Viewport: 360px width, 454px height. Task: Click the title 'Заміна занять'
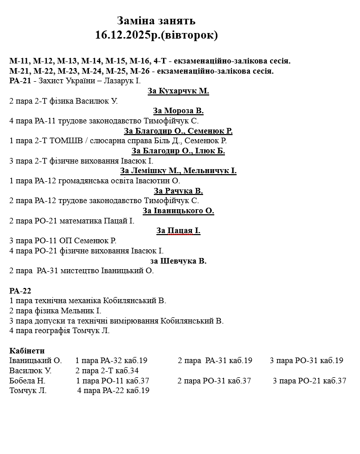156,21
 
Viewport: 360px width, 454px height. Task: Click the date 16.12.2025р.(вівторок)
156,35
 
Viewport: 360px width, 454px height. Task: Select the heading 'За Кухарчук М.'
178,91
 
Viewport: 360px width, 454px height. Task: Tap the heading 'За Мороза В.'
178,111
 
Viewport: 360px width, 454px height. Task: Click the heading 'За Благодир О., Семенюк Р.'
178,131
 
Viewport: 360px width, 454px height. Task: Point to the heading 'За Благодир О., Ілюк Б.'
178,151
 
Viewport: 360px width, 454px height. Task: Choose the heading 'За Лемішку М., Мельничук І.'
178,171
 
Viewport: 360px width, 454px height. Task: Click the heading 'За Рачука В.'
178,191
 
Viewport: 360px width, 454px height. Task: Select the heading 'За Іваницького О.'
178,211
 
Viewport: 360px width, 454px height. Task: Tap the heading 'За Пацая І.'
178,231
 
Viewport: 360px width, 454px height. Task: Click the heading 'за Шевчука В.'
178,261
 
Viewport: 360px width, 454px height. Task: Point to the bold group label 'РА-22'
20,290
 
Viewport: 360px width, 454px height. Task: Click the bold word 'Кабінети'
27,351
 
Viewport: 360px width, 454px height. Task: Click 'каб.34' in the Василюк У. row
127,371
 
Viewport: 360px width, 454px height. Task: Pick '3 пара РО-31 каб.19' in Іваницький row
306,361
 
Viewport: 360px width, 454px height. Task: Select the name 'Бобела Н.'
27,381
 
